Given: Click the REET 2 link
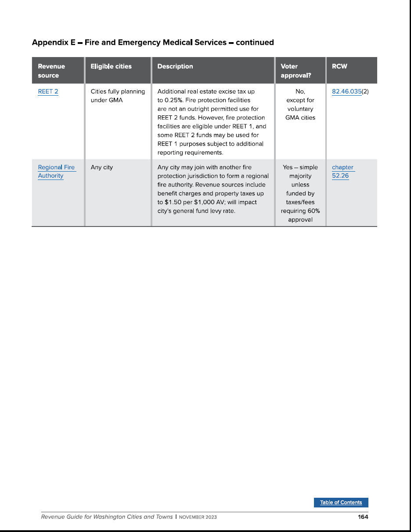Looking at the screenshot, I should pyautogui.click(x=48, y=92).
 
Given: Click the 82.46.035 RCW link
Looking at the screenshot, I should pyautogui.click(x=346, y=92).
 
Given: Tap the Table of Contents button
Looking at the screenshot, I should pyautogui.click(x=341, y=503).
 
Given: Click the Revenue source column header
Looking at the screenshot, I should pyautogui.click(x=51, y=71).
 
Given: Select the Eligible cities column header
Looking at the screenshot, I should pyautogui.click(x=111, y=66).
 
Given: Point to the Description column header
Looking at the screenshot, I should pyautogui.click(x=175, y=66).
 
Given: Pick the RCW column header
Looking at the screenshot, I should pyautogui.click(x=339, y=66).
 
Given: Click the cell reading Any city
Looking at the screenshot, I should pyautogui.click(x=102, y=167).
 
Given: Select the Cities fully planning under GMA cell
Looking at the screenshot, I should pyautogui.click(x=118, y=96).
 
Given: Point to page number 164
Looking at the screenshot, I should pyautogui.click(x=363, y=517).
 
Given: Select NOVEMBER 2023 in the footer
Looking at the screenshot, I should pyautogui.click(x=198, y=517).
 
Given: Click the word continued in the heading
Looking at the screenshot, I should pyautogui.click(x=255, y=43).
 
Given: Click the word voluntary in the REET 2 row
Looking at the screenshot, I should pyautogui.click(x=300, y=109).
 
